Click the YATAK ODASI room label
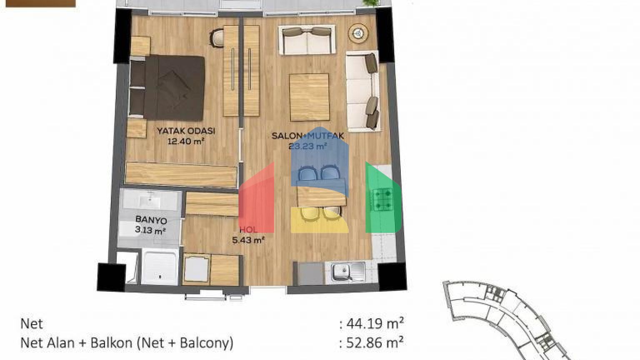pyautogui.click(x=186, y=131)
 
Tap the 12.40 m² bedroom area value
pyautogui.click(x=186, y=141)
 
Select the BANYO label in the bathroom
pyautogui.click(x=151, y=220)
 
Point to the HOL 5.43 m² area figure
pyautogui.click(x=248, y=240)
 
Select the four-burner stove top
pyautogui.click(x=382, y=200)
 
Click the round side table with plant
pyautogui.click(x=358, y=34)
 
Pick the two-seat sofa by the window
pyautogui.click(x=307, y=40)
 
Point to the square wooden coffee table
pyautogui.click(x=310, y=97)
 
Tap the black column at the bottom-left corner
pyautogui.click(x=111, y=277)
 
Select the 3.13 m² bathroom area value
pyautogui.click(x=150, y=230)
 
